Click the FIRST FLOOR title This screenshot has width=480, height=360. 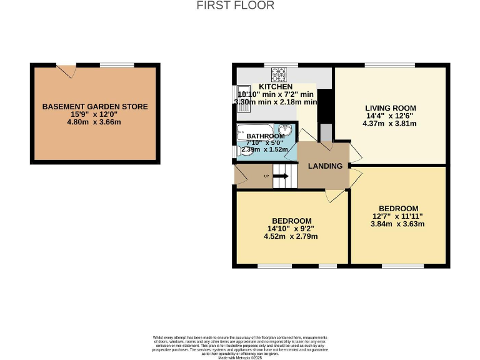[235, 6]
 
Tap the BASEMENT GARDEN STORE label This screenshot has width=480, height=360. [95, 107]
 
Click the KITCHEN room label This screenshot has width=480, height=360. [276, 86]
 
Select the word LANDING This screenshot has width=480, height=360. [325, 166]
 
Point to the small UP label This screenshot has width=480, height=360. [267, 176]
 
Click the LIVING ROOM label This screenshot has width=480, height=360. [391, 108]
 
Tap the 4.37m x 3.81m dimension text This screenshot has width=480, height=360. [391, 123]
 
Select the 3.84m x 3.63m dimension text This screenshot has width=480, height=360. [398, 224]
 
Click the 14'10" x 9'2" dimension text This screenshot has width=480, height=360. [291, 229]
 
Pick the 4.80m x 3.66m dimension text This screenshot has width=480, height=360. [95, 122]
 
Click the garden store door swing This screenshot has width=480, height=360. [66, 71]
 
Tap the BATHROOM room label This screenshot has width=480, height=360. [265, 136]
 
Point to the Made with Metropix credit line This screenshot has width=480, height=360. [240, 357]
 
